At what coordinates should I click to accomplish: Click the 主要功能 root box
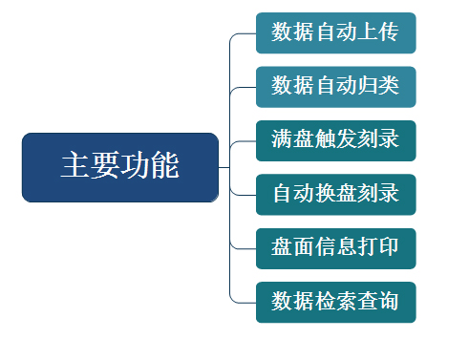(x=120, y=167)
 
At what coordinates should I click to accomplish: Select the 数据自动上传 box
(x=336, y=33)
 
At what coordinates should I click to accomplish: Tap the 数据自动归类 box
(x=336, y=87)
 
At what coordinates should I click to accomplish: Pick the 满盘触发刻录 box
(x=336, y=140)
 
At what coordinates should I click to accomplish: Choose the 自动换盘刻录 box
(x=336, y=195)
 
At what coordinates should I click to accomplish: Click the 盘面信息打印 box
(x=336, y=248)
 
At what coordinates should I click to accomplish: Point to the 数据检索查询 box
(x=336, y=302)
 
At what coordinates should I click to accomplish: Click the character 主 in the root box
(x=75, y=164)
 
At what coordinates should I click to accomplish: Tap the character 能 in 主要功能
(x=164, y=164)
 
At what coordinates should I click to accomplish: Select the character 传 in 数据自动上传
(x=389, y=32)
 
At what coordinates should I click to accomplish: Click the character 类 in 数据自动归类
(x=389, y=85)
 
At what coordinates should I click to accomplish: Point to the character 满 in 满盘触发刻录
(x=282, y=139)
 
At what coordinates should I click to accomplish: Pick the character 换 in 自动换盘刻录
(x=325, y=193)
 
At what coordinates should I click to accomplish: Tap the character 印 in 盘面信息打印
(x=389, y=246)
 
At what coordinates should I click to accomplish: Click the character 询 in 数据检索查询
(x=389, y=301)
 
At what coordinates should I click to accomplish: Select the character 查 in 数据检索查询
(x=368, y=301)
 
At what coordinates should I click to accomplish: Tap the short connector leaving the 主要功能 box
(x=224, y=167)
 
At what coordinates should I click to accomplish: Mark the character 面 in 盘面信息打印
(x=304, y=246)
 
